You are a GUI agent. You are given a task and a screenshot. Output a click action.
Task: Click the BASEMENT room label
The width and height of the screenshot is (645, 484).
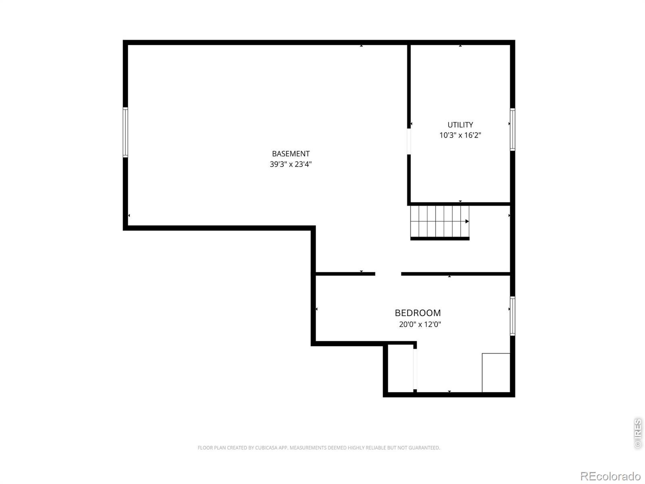[x=291, y=154]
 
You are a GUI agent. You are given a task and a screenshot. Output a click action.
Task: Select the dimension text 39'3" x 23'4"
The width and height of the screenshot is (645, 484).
[x=291, y=164]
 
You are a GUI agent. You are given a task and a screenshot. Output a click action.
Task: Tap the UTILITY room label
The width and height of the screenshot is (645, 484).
[x=460, y=125]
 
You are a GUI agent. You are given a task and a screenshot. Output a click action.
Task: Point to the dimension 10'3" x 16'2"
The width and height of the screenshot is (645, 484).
[x=460, y=135]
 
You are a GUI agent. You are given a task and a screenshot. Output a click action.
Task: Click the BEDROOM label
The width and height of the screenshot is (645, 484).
[x=418, y=313]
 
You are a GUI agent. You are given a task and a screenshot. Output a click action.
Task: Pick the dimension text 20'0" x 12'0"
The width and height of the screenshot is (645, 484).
[x=420, y=324]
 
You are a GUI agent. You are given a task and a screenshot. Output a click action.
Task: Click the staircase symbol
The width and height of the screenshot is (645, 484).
[x=439, y=223]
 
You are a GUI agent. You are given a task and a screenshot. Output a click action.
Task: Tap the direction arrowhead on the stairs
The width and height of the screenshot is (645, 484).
[x=467, y=221]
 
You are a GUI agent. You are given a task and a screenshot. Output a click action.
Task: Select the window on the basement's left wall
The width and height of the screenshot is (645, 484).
[x=125, y=132]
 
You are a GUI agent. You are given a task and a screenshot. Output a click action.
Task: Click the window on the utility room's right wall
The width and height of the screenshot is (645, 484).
[x=512, y=129]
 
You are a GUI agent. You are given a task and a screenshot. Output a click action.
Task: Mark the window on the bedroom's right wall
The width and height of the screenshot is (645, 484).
[x=512, y=316]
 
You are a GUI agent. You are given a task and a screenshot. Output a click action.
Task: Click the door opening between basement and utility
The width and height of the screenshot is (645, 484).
[x=409, y=141]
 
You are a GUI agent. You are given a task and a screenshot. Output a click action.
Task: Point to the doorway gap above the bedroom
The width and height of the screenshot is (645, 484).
[x=388, y=274]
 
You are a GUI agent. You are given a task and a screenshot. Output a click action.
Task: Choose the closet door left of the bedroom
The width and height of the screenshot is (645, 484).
[x=415, y=369]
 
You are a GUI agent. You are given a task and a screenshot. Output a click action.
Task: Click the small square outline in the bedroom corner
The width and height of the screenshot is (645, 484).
[x=496, y=373]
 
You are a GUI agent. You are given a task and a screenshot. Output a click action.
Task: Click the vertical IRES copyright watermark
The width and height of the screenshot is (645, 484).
[x=638, y=434]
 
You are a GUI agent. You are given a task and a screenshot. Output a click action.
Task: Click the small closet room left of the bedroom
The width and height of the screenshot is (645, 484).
[x=400, y=369]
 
